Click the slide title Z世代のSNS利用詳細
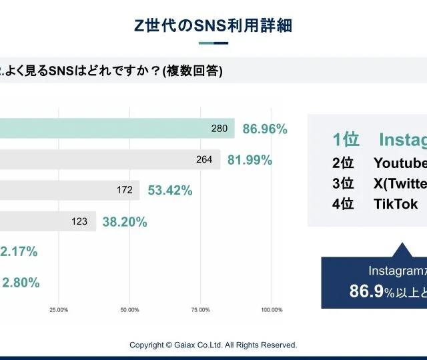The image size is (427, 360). tap(213, 26)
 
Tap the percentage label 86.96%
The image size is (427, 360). tap(265, 129)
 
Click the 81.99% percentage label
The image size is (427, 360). tap(250, 159)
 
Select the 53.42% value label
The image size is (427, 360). tap(169, 191)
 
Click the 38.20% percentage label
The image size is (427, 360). tap(125, 222)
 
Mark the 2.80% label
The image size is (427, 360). tap(21, 283)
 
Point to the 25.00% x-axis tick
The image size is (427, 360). tap(59, 310)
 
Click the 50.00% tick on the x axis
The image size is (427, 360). tap(129, 310)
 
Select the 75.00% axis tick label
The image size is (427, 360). tap(200, 310)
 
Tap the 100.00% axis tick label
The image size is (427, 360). tap(272, 310)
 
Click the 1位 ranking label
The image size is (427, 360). tap(346, 139)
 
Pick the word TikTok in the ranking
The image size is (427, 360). tap(396, 204)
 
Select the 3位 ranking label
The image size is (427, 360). tap(343, 183)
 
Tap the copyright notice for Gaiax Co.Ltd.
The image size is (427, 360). tap(213, 345)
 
